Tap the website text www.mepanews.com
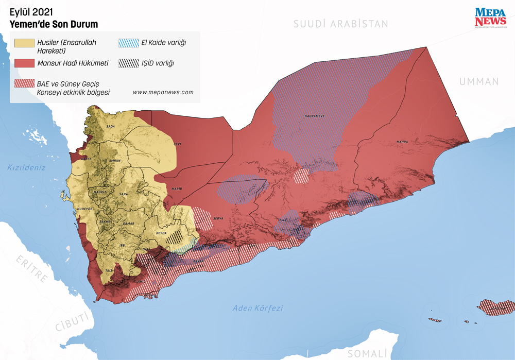coord(163,92)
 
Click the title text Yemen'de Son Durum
coord(54,24)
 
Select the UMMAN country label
coord(479,81)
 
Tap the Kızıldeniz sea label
coord(27,167)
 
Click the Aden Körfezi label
coord(257,308)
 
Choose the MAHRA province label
coord(402,142)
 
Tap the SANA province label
coord(123,194)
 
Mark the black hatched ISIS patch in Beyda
coord(177,236)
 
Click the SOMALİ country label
coord(367,353)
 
